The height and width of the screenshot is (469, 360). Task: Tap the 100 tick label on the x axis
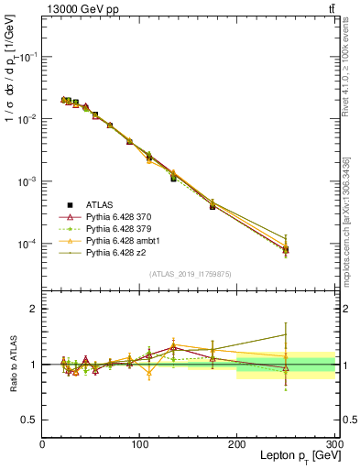coord(139,444)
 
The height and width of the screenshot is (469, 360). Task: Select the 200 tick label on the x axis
coord(236,444)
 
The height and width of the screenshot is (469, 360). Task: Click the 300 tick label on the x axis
coord(333,444)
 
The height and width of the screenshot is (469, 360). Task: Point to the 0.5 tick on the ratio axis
coord(30,420)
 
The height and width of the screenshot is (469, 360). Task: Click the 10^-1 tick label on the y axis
coord(27,57)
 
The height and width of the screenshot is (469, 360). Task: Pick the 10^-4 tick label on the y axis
coord(27,245)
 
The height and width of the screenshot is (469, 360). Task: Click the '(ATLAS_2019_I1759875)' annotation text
coord(188,273)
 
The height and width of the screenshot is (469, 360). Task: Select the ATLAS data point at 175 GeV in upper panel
coord(213,206)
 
